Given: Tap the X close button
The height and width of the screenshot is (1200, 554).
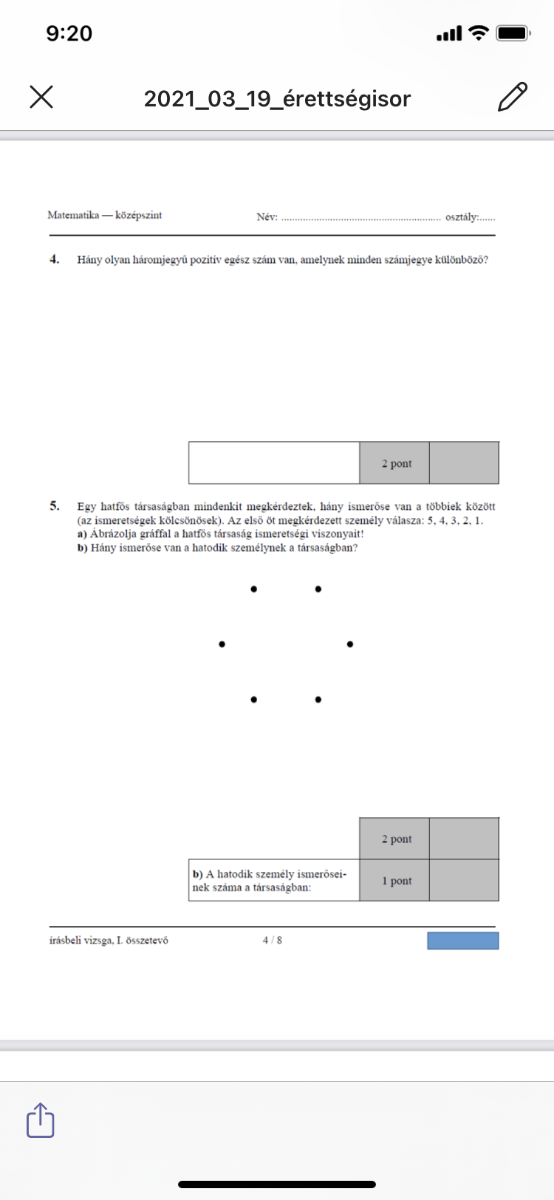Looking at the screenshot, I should point(41,97).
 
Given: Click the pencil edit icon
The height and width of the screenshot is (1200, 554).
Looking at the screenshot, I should point(513,97).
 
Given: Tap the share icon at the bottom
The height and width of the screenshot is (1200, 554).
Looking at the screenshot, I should point(41,1120).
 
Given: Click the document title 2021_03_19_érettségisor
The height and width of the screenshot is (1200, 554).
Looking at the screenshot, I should point(277,98).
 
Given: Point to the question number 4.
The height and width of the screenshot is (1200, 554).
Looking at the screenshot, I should point(54,259).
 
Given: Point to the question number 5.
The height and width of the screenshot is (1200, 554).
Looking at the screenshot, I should point(54,506).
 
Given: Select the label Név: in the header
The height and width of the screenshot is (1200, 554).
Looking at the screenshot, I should point(267,217).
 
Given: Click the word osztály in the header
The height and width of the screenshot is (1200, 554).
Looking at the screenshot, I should point(462,217).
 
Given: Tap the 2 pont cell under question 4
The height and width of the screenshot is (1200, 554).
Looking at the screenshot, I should point(396,463).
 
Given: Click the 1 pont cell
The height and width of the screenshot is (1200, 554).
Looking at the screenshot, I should point(396,881).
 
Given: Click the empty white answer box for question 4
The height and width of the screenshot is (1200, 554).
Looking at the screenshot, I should point(274,463).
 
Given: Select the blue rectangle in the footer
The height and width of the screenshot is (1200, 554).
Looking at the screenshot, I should point(463,941).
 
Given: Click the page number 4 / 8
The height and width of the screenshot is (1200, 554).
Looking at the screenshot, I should point(272,941).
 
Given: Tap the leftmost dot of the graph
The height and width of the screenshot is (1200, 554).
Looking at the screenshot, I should point(222,644).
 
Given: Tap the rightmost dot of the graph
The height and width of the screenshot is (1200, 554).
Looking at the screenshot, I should point(350,644).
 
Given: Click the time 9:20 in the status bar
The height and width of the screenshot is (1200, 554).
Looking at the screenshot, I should point(69,33).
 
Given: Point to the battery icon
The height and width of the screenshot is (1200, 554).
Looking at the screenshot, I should point(513,33).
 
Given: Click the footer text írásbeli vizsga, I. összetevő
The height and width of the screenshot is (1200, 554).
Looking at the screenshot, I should point(109,941).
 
